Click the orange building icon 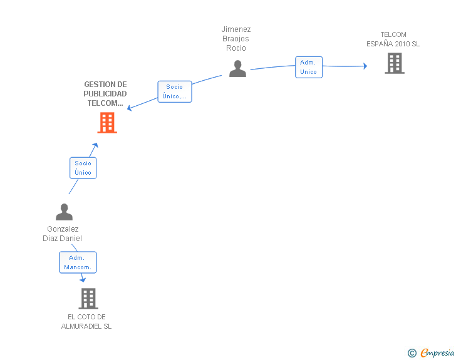107,123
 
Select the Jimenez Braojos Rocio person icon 237,68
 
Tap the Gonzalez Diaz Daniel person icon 64,212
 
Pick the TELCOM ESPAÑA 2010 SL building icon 394,63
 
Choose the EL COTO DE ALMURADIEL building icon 88,299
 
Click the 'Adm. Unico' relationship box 309,67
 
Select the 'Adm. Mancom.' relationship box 78,262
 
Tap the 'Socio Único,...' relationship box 174,91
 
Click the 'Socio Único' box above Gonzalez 83,168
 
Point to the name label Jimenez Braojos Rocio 236,39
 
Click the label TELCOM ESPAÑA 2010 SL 393,39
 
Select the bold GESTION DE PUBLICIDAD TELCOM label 105,94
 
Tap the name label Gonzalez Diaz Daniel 63,234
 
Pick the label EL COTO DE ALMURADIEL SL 86,321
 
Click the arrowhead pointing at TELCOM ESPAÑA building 365,66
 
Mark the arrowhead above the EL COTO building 83,280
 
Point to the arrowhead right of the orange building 130,108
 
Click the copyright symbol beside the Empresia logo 412,353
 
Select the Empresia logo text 437,353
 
